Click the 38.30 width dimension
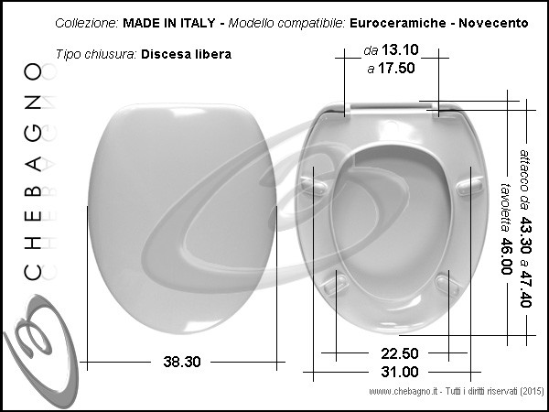tap(182, 362)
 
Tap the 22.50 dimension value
tap(400, 353)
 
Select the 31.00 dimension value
tap(400, 372)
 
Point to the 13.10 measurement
tap(400, 49)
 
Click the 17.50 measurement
tap(396, 68)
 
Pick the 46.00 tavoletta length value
tap(506, 255)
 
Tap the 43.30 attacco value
tap(525, 235)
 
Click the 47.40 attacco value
tap(525, 289)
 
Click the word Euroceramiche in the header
tap(398, 23)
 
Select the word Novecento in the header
tap(493, 23)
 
